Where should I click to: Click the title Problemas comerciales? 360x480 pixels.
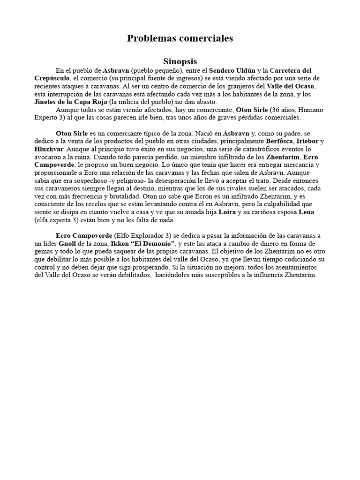[x=180, y=39]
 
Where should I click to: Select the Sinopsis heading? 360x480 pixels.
[x=180, y=62]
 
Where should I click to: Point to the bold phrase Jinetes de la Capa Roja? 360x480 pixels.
[x=71, y=102]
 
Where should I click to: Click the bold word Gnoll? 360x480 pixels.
[x=67, y=244]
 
